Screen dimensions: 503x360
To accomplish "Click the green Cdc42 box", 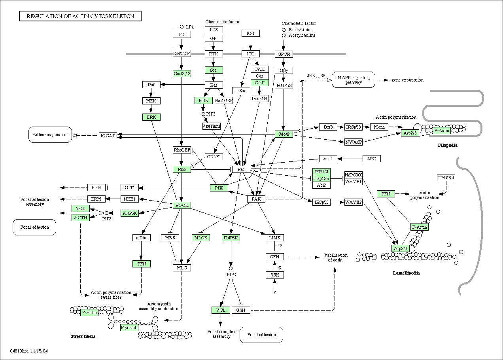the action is [x=284, y=134].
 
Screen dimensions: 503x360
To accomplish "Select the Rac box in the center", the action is [x=241, y=169].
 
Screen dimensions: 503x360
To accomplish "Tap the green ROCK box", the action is [x=182, y=205].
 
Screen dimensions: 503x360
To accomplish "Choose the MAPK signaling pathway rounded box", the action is [x=354, y=80].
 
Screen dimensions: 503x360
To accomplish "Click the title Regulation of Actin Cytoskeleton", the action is [x=80, y=16].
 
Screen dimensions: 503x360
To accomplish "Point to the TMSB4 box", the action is [x=446, y=178].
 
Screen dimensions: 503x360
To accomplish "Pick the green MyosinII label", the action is [x=129, y=328].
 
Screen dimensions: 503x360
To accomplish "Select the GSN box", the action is [x=241, y=310].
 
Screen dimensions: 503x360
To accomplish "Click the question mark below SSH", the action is [x=274, y=292].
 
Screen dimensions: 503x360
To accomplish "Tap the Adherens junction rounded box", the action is [x=50, y=135].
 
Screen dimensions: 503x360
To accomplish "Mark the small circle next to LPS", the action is [x=182, y=27].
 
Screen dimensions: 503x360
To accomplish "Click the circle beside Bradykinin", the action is [x=284, y=30].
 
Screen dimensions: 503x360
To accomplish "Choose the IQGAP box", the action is [x=108, y=136].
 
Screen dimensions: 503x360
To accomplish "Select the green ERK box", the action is [x=151, y=117].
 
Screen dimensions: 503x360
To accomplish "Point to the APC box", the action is [x=372, y=159].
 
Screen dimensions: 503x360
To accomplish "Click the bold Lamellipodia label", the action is [x=406, y=273].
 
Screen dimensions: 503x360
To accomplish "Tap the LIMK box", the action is [x=274, y=238].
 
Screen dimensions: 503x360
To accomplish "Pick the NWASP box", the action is [x=354, y=142].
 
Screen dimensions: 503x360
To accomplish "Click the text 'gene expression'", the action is [x=407, y=80].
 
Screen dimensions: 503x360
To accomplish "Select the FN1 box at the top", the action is [x=251, y=33].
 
